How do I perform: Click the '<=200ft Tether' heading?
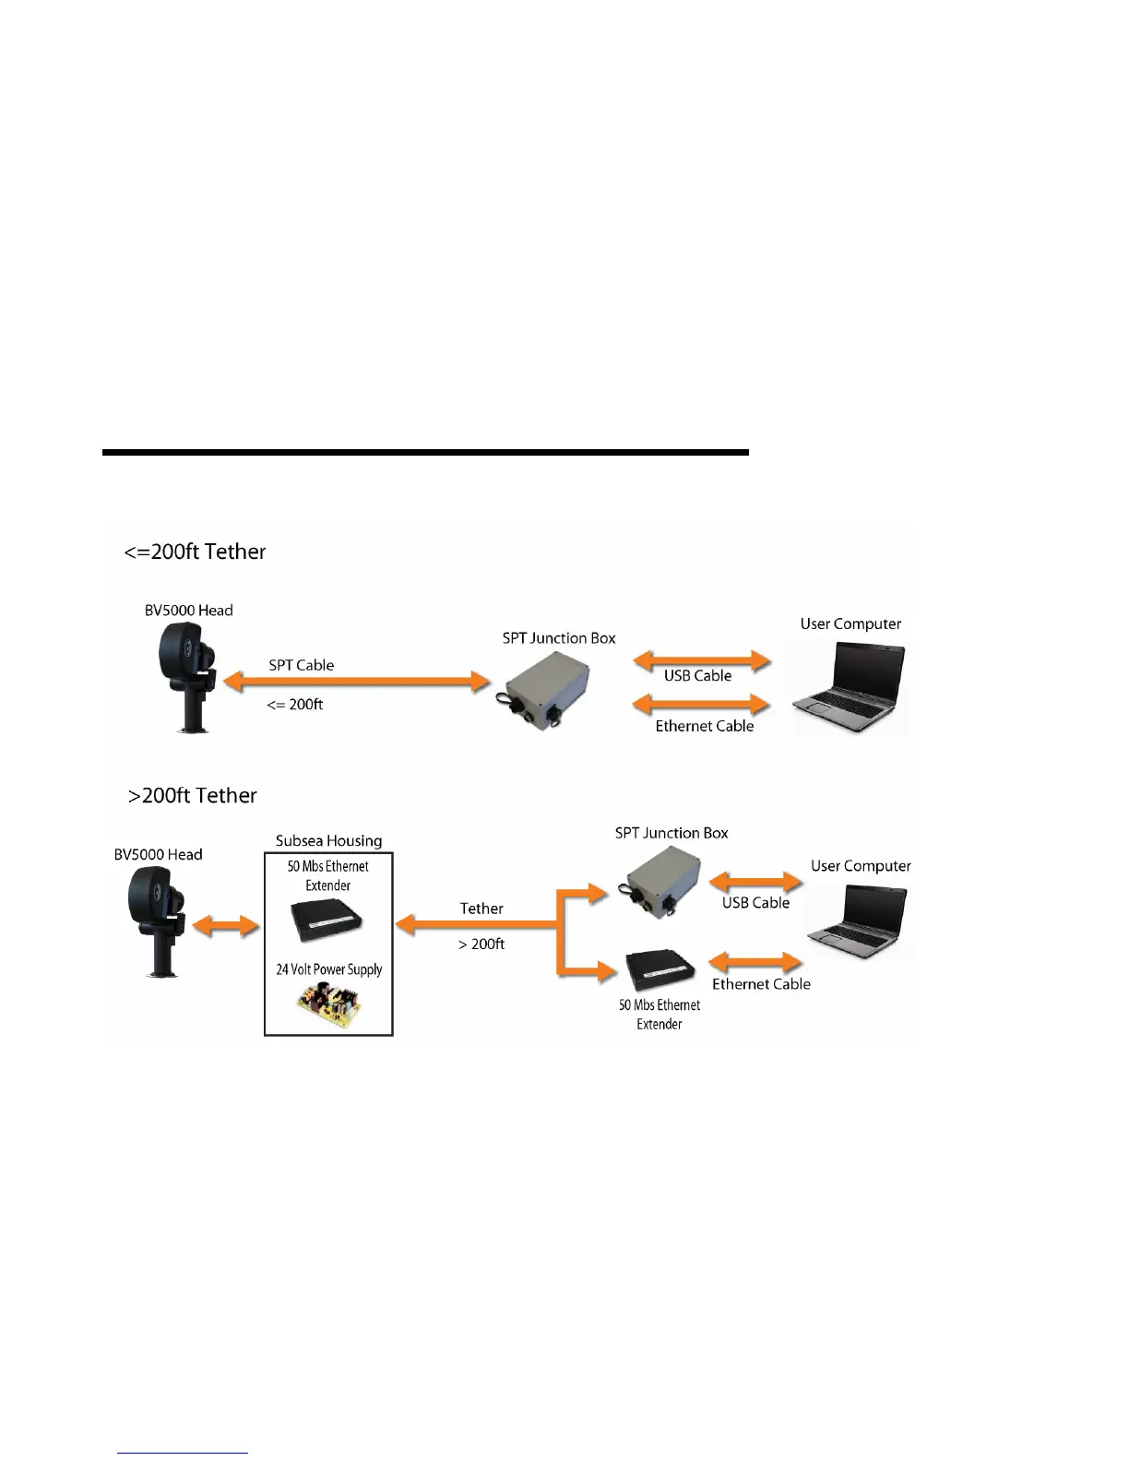(195, 552)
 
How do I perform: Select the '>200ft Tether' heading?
(193, 795)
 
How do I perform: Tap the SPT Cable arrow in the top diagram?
(358, 683)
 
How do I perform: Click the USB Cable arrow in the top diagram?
(702, 659)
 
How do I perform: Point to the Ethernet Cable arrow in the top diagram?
(702, 705)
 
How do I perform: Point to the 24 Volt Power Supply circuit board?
(329, 1005)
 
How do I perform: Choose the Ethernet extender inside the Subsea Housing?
(326, 918)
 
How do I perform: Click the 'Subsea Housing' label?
(328, 841)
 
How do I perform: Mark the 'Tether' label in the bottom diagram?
(481, 909)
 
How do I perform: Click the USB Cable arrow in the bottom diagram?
(755, 882)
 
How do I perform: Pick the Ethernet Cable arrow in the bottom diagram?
(756, 963)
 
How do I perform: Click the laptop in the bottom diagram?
(859, 918)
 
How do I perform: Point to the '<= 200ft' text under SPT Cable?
(295, 705)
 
